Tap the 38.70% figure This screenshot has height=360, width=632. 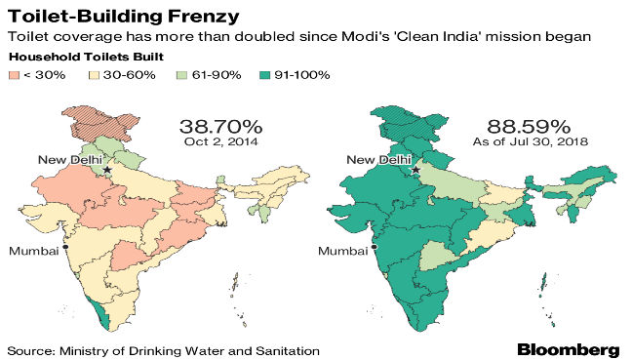(220, 126)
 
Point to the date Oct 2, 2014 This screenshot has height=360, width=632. (220, 143)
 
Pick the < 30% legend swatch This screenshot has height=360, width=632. (15, 74)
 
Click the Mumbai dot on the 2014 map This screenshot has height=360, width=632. (64, 248)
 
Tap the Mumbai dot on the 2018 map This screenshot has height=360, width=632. (374, 248)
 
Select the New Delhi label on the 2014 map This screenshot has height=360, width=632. (69, 159)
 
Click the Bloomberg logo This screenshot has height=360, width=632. (568, 348)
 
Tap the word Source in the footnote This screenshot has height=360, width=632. (30, 349)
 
